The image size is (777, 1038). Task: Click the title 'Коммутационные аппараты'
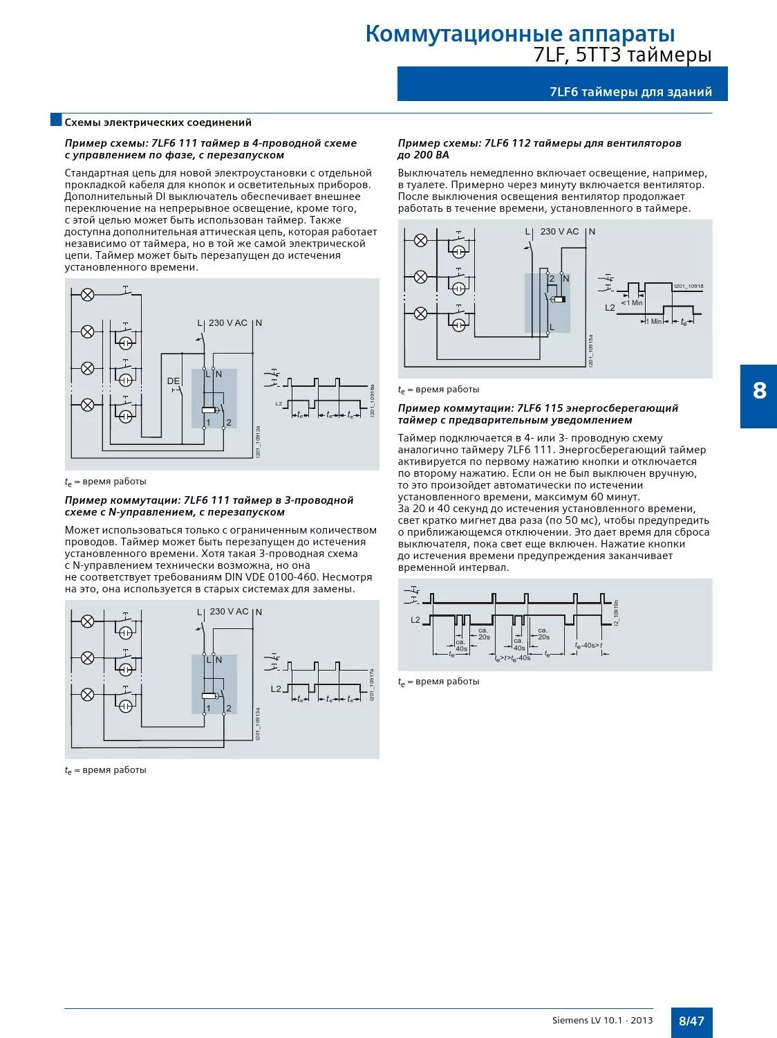click(x=520, y=33)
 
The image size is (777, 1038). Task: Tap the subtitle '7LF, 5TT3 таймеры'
click(x=622, y=55)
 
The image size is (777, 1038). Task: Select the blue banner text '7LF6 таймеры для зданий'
click(x=630, y=92)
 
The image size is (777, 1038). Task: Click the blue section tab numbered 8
click(x=759, y=391)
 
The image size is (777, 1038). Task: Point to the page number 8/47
click(x=691, y=1021)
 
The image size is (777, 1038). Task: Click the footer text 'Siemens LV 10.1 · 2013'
click(x=602, y=1021)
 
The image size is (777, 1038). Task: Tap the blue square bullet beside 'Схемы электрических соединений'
click(x=57, y=120)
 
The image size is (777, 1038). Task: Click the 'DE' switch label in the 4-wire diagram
click(x=173, y=381)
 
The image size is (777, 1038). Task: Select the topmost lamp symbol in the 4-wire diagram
click(x=88, y=295)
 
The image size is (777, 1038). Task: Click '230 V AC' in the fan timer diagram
click(x=559, y=232)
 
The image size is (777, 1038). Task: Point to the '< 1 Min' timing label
click(x=631, y=302)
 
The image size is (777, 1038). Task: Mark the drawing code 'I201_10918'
click(x=689, y=286)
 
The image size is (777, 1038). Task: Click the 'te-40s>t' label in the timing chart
click(x=588, y=645)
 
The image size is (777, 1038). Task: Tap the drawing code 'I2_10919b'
click(x=616, y=613)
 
